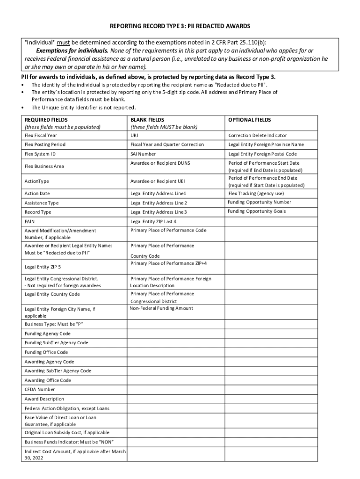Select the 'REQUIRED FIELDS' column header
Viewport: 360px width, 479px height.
tap(45, 120)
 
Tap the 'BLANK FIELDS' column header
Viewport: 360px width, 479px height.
tap(147, 120)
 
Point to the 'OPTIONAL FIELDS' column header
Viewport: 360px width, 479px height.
tap(250, 120)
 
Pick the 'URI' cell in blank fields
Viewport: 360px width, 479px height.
tap(134, 135)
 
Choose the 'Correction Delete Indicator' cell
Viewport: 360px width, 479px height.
tap(258, 135)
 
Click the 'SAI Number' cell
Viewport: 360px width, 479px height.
tap(143, 154)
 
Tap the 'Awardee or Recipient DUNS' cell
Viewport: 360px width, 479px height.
tap(160, 163)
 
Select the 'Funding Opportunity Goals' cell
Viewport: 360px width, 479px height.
tap(256, 211)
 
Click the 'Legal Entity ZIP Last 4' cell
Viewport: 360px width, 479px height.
tap(153, 221)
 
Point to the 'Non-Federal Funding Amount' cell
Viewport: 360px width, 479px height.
tap(161, 308)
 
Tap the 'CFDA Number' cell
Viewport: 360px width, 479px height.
tap(40, 389)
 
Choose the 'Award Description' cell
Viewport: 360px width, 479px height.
tap(44, 399)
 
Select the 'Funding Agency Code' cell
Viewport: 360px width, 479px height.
tap(48, 334)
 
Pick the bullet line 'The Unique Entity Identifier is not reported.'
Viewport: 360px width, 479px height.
tap(83, 107)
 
